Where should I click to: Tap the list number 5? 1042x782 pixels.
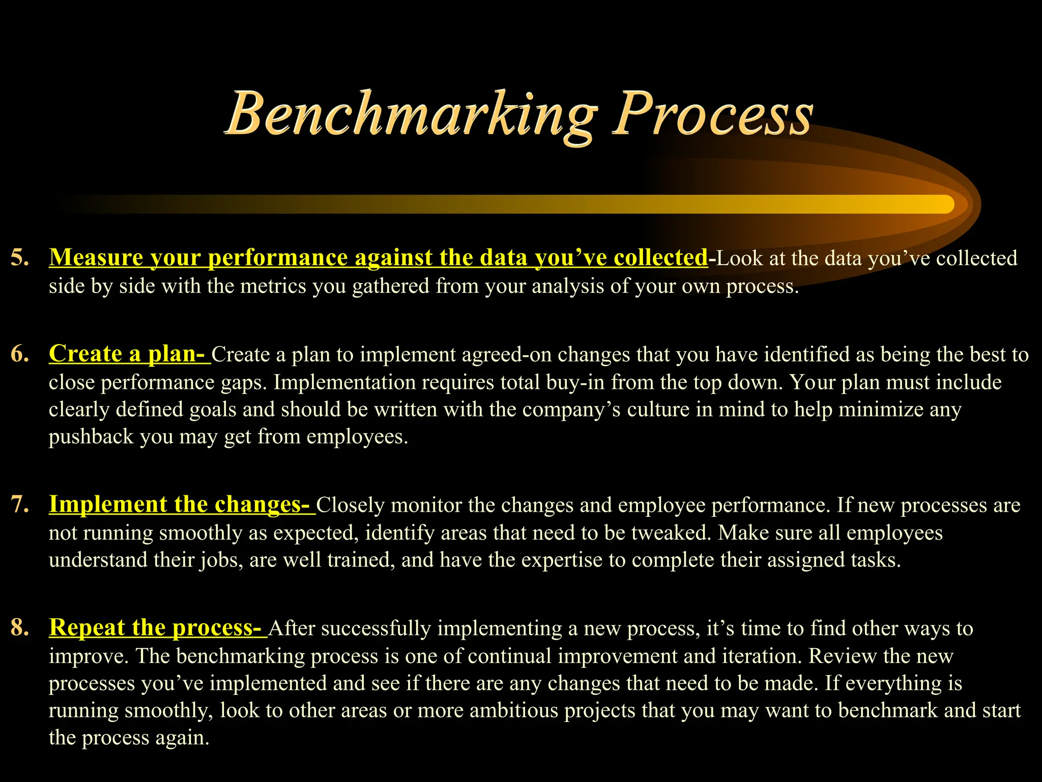(19, 258)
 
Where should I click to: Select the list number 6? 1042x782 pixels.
(19, 354)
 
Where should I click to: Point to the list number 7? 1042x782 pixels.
(19, 505)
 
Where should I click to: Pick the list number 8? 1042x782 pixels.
(19, 628)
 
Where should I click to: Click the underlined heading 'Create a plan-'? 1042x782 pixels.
(129, 354)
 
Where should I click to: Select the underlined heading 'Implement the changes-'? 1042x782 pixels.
(181, 505)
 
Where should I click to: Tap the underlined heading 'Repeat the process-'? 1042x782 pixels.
(157, 628)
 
